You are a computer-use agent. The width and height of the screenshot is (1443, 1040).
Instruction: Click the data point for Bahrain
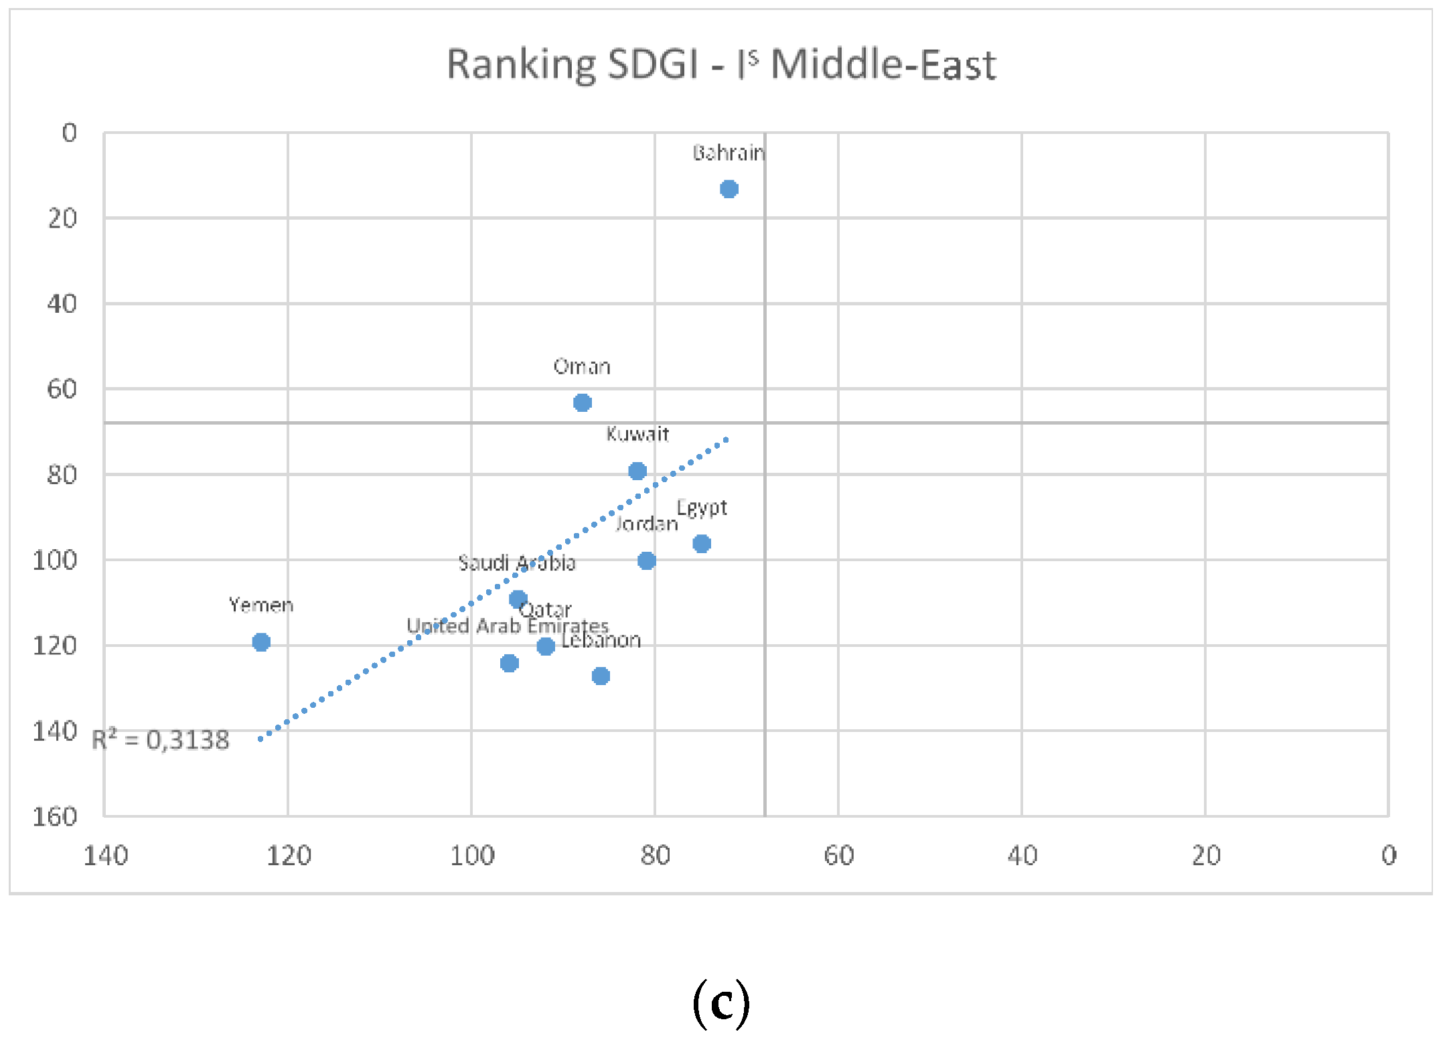click(729, 190)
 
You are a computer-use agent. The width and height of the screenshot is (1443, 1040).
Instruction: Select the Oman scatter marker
click(582, 402)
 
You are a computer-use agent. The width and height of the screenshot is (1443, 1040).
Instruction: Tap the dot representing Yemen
click(261, 642)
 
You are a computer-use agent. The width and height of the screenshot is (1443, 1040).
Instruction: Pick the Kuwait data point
click(637, 471)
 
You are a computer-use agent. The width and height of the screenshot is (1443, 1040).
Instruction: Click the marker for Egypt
click(701, 544)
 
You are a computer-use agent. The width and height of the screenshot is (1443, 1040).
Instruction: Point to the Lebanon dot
click(601, 676)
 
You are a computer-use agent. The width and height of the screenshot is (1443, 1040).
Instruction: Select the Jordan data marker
click(646, 561)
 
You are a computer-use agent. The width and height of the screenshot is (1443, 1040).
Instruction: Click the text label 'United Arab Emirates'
click(507, 626)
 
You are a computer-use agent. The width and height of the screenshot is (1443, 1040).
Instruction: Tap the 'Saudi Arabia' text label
click(516, 563)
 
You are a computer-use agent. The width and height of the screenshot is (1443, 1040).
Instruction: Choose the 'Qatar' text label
click(545, 609)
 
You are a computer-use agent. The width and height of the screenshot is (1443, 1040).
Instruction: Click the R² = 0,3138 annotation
click(161, 740)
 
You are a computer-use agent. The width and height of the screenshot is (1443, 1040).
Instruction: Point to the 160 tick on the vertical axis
click(55, 816)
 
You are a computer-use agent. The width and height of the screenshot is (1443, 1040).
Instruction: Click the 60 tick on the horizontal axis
click(838, 855)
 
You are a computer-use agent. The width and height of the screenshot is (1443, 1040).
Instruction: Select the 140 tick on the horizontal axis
click(106, 855)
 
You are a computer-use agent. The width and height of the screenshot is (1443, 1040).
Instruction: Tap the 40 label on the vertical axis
click(62, 304)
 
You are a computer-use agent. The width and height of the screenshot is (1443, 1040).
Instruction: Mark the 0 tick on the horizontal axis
click(1389, 855)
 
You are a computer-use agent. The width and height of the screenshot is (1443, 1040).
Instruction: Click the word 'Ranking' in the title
click(520, 66)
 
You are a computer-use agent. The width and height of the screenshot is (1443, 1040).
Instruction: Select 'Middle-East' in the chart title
click(883, 66)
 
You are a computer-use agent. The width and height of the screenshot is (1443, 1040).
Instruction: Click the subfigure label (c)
click(721, 1003)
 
